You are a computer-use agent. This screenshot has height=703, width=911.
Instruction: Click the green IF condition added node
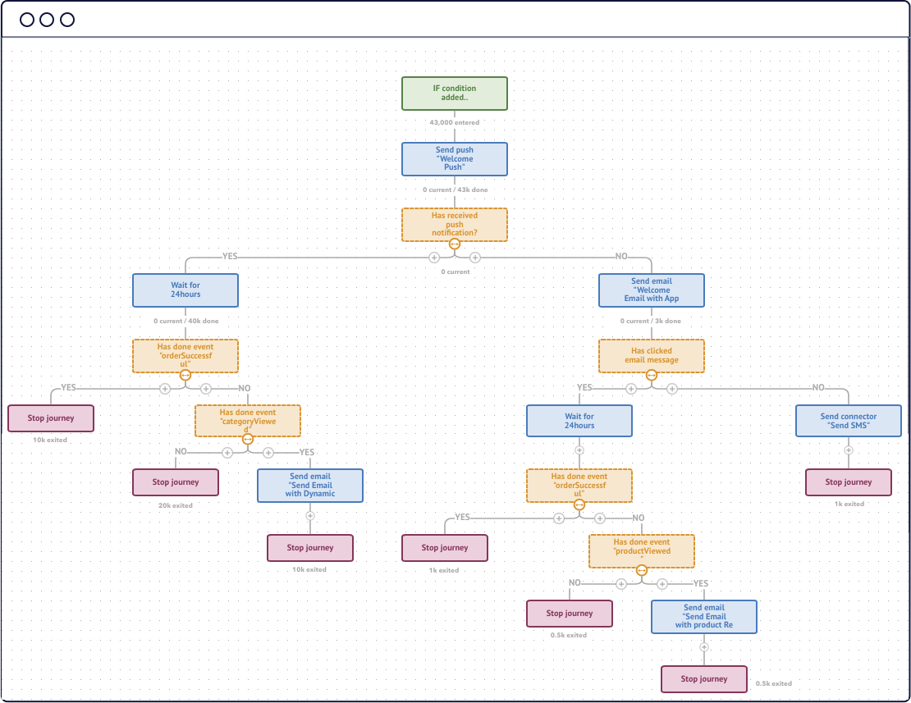click(x=455, y=94)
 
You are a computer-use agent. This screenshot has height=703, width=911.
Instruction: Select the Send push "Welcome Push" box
click(x=455, y=159)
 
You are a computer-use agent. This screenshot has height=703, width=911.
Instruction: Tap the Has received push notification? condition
click(x=455, y=224)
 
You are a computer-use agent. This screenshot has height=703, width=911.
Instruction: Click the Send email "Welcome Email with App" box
click(x=652, y=290)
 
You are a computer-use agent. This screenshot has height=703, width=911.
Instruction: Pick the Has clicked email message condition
click(x=652, y=355)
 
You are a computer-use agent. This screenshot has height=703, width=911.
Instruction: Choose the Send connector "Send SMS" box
click(x=849, y=421)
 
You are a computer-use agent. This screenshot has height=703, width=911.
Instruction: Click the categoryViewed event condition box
click(x=248, y=421)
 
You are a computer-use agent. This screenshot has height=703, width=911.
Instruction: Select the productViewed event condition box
click(x=642, y=551)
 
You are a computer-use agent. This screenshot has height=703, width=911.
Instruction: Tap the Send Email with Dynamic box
click(x=310, y=486)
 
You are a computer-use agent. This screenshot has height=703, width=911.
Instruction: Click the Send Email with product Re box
click(x=704, y=617)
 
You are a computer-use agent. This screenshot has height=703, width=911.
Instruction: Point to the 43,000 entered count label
click(x=455, y=122)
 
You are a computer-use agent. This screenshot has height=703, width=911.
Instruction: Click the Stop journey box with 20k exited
click(x=176, y=482)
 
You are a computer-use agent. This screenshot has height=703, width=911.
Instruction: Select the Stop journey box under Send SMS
click(x=849, y=482)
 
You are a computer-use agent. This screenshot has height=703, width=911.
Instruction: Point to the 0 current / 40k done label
click(x=185, y=321)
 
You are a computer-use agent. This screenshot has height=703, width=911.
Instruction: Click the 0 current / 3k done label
click(x=652, y=321)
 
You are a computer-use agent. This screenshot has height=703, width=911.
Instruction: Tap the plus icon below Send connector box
click(x=849, y=450)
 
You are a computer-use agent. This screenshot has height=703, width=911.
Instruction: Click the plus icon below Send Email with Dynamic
click(x=310, y=516)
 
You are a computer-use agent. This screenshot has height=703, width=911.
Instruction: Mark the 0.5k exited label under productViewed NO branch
click(x=569, y=635)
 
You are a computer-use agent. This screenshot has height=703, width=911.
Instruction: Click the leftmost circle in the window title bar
click(x=27, y=20)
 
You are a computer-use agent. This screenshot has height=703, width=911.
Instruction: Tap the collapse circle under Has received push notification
click(x=455, y=244)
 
